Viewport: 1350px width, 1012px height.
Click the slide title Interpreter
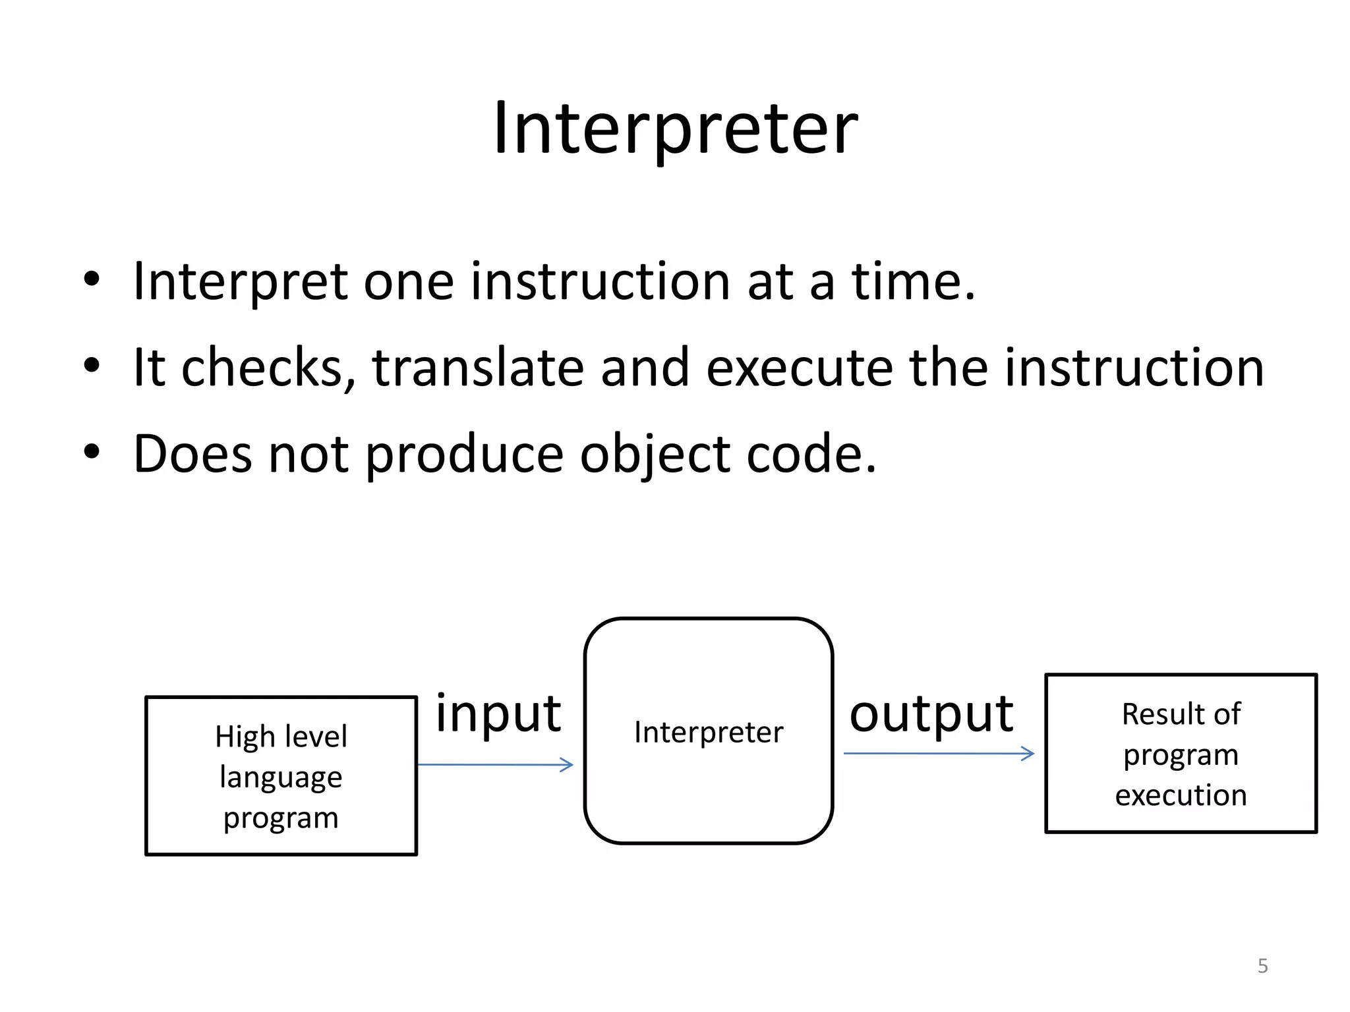click(676, 128)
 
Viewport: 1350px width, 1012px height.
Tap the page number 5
click(1262, 966)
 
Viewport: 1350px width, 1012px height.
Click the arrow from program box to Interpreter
click(495, 764)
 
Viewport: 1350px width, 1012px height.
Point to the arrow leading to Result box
click(939, 753)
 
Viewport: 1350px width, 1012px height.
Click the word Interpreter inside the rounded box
click(709, 732)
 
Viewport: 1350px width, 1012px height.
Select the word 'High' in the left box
click(245, 737)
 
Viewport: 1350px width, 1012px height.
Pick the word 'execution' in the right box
click(1181, 795)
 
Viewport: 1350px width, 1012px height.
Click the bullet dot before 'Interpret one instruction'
click(92, 279)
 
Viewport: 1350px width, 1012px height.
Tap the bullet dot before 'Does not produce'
click(92, 452)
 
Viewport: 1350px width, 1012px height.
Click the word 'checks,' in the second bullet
click(268, 368)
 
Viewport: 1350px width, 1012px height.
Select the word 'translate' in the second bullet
click(478, 368)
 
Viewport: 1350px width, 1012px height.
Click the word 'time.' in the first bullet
click(913, 282)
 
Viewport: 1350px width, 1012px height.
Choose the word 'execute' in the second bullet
click(799, 368)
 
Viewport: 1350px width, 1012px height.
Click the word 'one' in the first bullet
click(409, 282)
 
